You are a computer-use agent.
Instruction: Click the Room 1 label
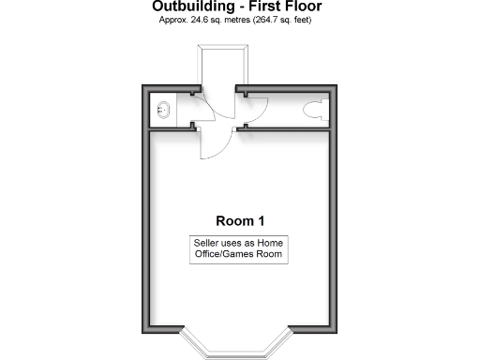pyautogui.click(x=240, y=221)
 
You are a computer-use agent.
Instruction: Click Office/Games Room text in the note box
pyautogui.click(x=239, y=254)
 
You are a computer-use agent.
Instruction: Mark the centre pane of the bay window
pyautogui.click(x=240, y=352)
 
